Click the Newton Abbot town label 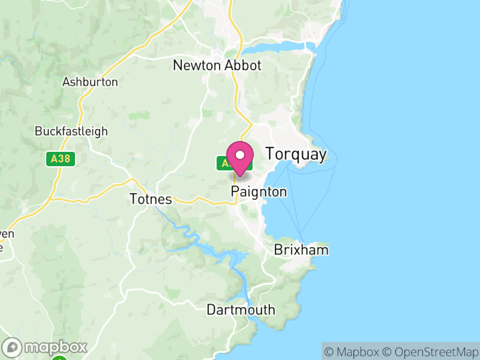point(217,65)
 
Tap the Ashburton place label point(90,82)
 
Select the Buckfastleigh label point(71,131)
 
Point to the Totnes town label point(151,199)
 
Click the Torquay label point(296,154)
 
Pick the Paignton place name point(259,192)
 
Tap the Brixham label point(301,250)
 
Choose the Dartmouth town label point(241,310)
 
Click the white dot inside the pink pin point(240,155)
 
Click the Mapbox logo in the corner point(46,347)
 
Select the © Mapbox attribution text point(352,352)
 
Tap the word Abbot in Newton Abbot point(243,65)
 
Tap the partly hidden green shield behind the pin point(224,163)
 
